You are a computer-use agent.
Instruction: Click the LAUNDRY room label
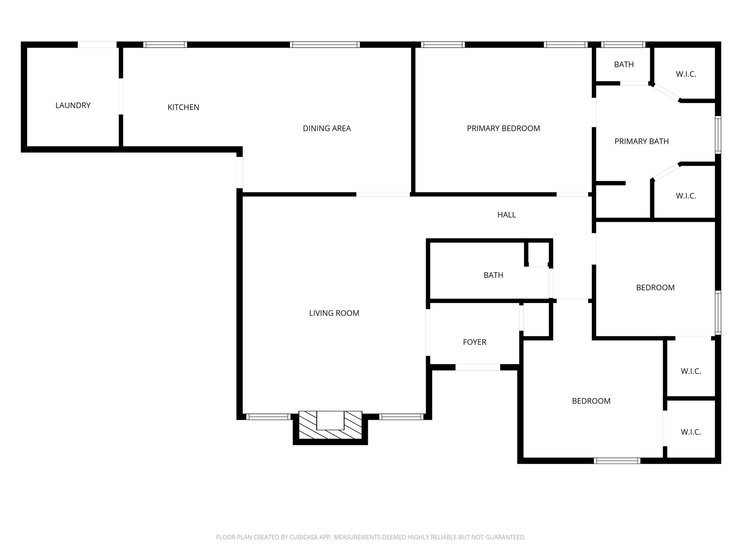point(73,105)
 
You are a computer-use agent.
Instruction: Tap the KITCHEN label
point(183,107)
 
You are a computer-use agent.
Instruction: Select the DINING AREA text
point(327,128)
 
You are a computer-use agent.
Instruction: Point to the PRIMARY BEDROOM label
point(503,128)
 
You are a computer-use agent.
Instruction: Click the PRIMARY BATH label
point(642,141)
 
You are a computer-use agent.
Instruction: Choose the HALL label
point(506,215)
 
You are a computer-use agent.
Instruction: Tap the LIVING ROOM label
point(334,313)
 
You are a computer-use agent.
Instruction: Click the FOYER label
point(475,342)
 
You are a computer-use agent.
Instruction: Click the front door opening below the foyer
point(478,367)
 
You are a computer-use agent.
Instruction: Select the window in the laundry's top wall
point(97,44)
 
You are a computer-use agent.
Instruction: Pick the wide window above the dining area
point(325,44)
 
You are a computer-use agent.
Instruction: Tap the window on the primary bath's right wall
point(718,135)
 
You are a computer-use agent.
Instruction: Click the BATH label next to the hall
point(493,275)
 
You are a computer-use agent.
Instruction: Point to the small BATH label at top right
point(624,64)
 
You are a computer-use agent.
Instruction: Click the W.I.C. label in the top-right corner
point(686,74)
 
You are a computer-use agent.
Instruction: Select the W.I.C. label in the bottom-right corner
point(691,432)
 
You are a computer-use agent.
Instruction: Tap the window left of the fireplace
point(268,417)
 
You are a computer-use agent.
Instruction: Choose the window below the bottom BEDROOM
point(617,461)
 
